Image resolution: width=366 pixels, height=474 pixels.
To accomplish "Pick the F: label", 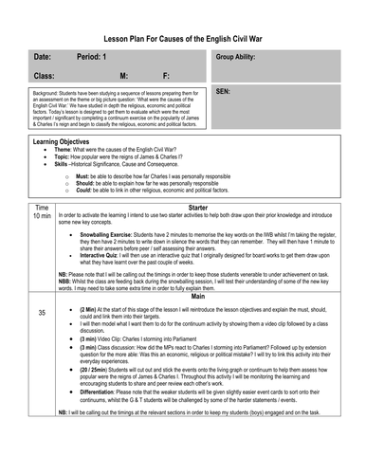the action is point(167,75).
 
